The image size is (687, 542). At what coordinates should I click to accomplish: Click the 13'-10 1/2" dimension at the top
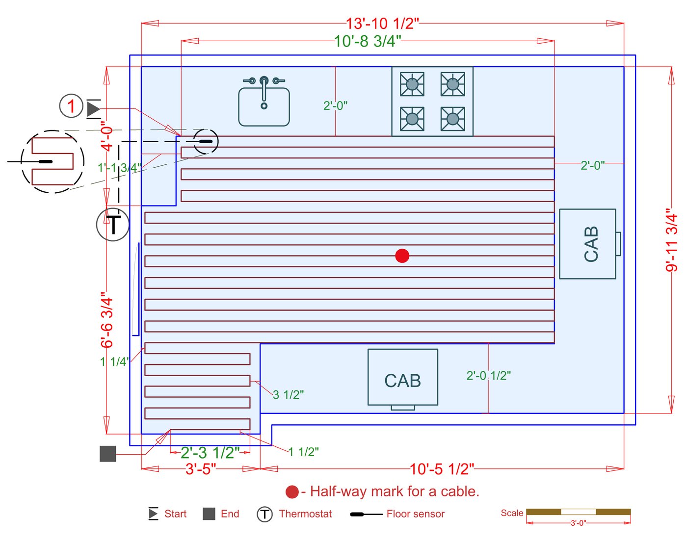point(382,23)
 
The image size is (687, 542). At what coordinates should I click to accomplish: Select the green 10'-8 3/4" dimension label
point(368,41)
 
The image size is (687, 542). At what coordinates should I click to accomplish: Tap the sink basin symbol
point(264,106)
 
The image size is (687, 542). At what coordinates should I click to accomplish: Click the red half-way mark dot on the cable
point(402,256)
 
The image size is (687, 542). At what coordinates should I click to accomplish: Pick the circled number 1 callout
point(71,106)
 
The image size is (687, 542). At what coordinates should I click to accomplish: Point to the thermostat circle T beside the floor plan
point(113,225)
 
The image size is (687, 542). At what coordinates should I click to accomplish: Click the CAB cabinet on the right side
point(588,244)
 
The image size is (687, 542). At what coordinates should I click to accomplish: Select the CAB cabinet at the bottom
point(403,377)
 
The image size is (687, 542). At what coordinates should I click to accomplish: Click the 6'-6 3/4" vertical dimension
point(107,320)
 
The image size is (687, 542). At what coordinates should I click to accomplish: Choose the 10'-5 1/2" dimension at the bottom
point(442,469)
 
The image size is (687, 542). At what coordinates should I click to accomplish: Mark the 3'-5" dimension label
point(201,469)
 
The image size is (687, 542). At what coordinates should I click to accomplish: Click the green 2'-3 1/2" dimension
point(210,452)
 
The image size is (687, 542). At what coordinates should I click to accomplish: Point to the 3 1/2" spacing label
point(288,395)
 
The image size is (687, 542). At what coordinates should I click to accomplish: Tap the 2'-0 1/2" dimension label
point(488,376)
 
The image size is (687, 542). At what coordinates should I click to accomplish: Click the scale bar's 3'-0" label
point(578,523)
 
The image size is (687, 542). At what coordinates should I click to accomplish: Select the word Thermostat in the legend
point(305,514)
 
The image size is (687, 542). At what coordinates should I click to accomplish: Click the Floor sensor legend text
point(415,514)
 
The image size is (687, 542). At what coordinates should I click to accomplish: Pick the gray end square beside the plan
point(108,454)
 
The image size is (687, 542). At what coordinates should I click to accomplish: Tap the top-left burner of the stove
point(412,84)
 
